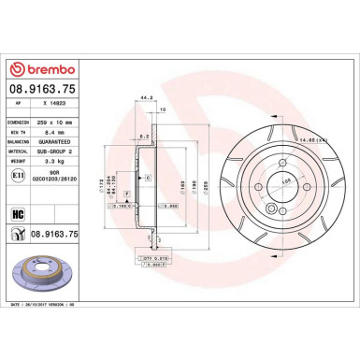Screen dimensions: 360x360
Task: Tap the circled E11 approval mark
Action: pos(19,174)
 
